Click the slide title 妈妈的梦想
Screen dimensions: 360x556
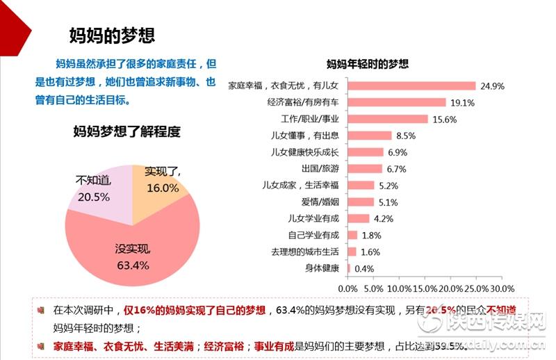[x=112, y=35]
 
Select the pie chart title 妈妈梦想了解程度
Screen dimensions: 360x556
[x=126, y=131]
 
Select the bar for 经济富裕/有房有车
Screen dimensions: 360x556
[x=396, y=103]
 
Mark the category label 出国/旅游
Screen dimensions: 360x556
[x=320, y=169]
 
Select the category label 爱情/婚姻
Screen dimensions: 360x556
[x=320, y=202]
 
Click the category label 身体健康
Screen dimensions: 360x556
[x=322, y=268]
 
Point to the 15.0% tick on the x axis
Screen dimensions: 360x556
[x=425, y=288]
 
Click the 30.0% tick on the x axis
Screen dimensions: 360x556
[x=502, y=288]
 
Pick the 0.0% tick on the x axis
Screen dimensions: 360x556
[x=347, y=288]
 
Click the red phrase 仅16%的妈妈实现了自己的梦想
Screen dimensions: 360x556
[x=194, y=310]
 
